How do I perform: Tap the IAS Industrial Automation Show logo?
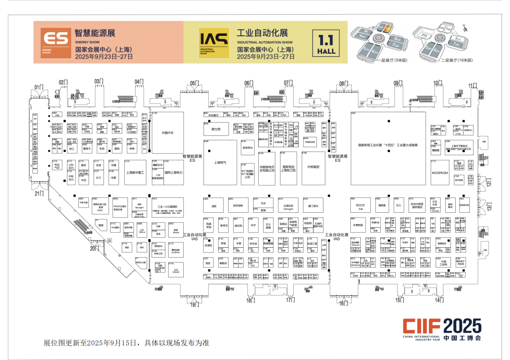(207, 42)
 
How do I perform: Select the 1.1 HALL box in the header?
(326, 42)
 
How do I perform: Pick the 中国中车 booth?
(168, 133)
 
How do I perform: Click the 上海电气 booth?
(220, 162)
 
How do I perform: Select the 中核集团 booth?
(314, 167)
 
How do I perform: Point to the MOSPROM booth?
(439, 173)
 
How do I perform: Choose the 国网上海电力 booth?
(173, 173)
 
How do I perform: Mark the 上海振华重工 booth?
(135, 173)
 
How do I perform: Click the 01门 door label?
(39, 86)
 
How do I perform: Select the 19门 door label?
(195, 305)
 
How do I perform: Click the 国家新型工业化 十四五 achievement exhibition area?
(388, 145)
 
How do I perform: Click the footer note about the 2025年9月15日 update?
(126, 343)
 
